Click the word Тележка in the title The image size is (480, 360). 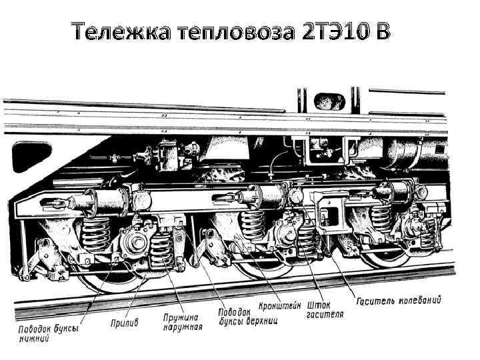122,31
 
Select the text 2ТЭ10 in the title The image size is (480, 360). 331,31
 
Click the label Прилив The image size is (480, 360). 124,323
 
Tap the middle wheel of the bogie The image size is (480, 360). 267,267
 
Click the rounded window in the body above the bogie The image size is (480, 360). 328,102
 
